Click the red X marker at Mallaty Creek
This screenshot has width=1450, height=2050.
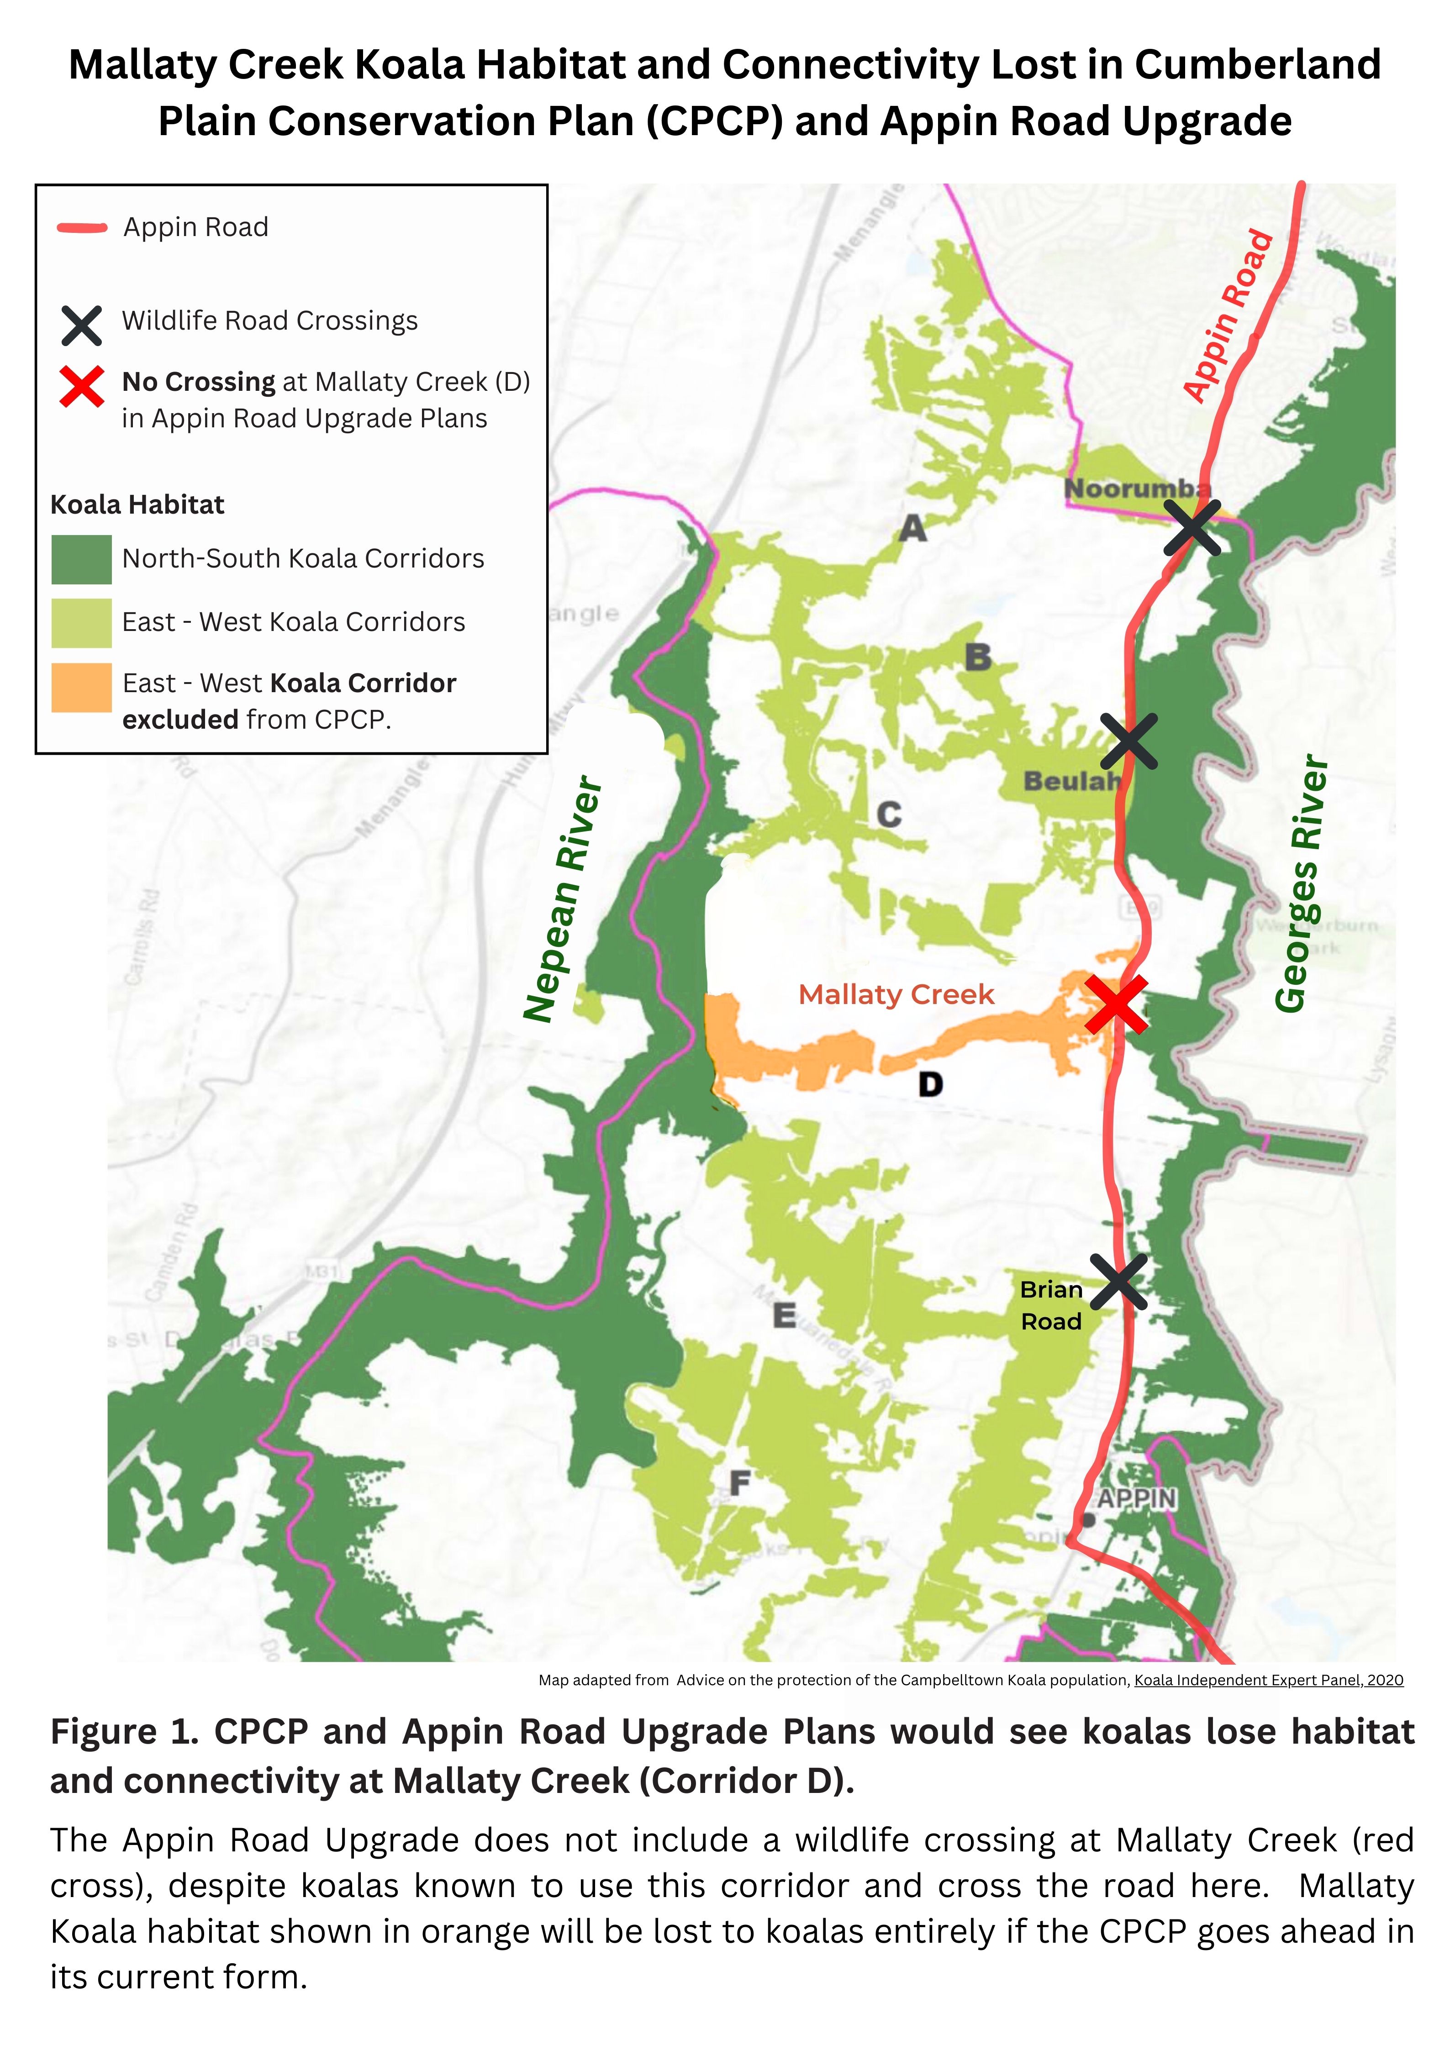pyautogui.click(x=1115, y=1004)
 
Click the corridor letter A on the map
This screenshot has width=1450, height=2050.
pyautogui.click(x=912, y=529)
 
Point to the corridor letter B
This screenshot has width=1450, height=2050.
pyautogui.click(x=978, y=657)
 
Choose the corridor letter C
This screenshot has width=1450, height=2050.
pyautogui.click(x=888, y=814)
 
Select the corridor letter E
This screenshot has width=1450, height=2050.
pyautogui.click(x=784, y=1315)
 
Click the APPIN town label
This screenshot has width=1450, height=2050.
pyautogui.click(x=1137, y=1498)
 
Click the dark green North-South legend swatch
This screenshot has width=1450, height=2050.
pyautogui.click(x=81, y=559)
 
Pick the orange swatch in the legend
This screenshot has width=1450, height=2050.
pyautogui.click(x=81, y=688)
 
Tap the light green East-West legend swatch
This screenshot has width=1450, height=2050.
pyautogui.click(x=81, y=622)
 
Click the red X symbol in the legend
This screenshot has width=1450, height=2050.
pyautogui.click(x=81, y=387)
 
